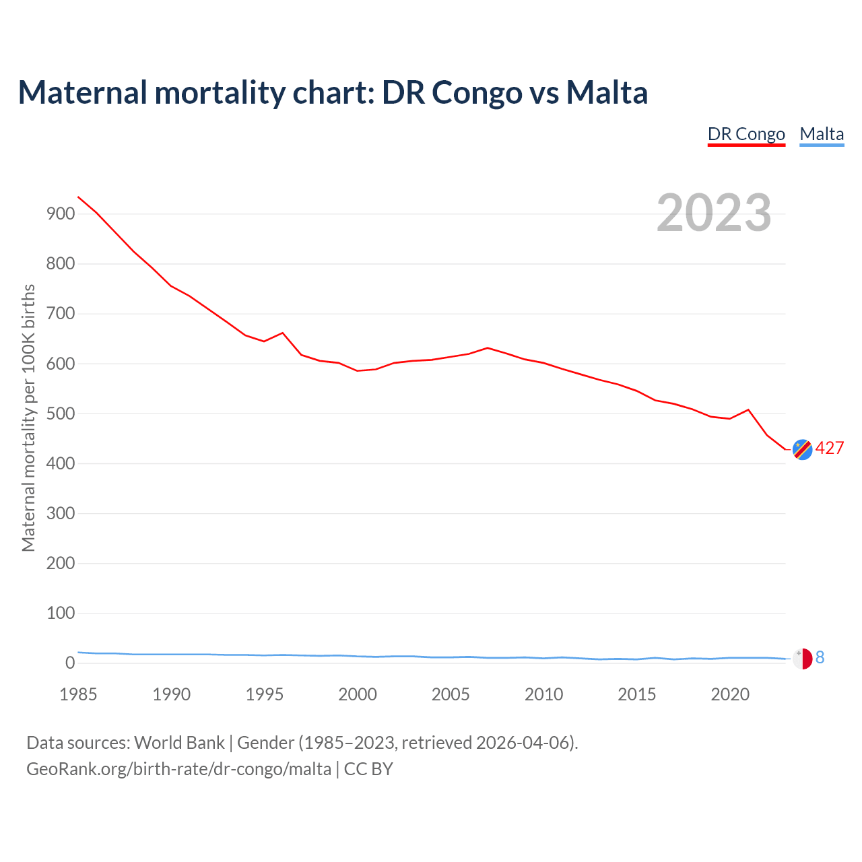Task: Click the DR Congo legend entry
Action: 746,134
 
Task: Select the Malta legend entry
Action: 822,134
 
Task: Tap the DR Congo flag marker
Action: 802,449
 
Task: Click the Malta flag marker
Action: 802,658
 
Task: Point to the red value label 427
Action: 830,449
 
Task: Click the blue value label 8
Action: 820,658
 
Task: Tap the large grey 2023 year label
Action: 714,213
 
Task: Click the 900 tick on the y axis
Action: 60,214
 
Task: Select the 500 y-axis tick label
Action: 60,413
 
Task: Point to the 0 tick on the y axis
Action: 70,663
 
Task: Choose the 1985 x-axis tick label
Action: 78,694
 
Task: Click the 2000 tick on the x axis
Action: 358,694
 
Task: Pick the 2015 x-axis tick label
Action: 636,694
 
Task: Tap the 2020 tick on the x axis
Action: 730,694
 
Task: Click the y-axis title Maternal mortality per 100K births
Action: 28,418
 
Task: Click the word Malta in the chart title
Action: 606,92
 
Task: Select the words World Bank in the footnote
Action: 179,743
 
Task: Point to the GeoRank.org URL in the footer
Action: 178,769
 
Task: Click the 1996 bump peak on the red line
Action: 283,333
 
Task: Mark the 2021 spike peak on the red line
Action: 748,409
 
